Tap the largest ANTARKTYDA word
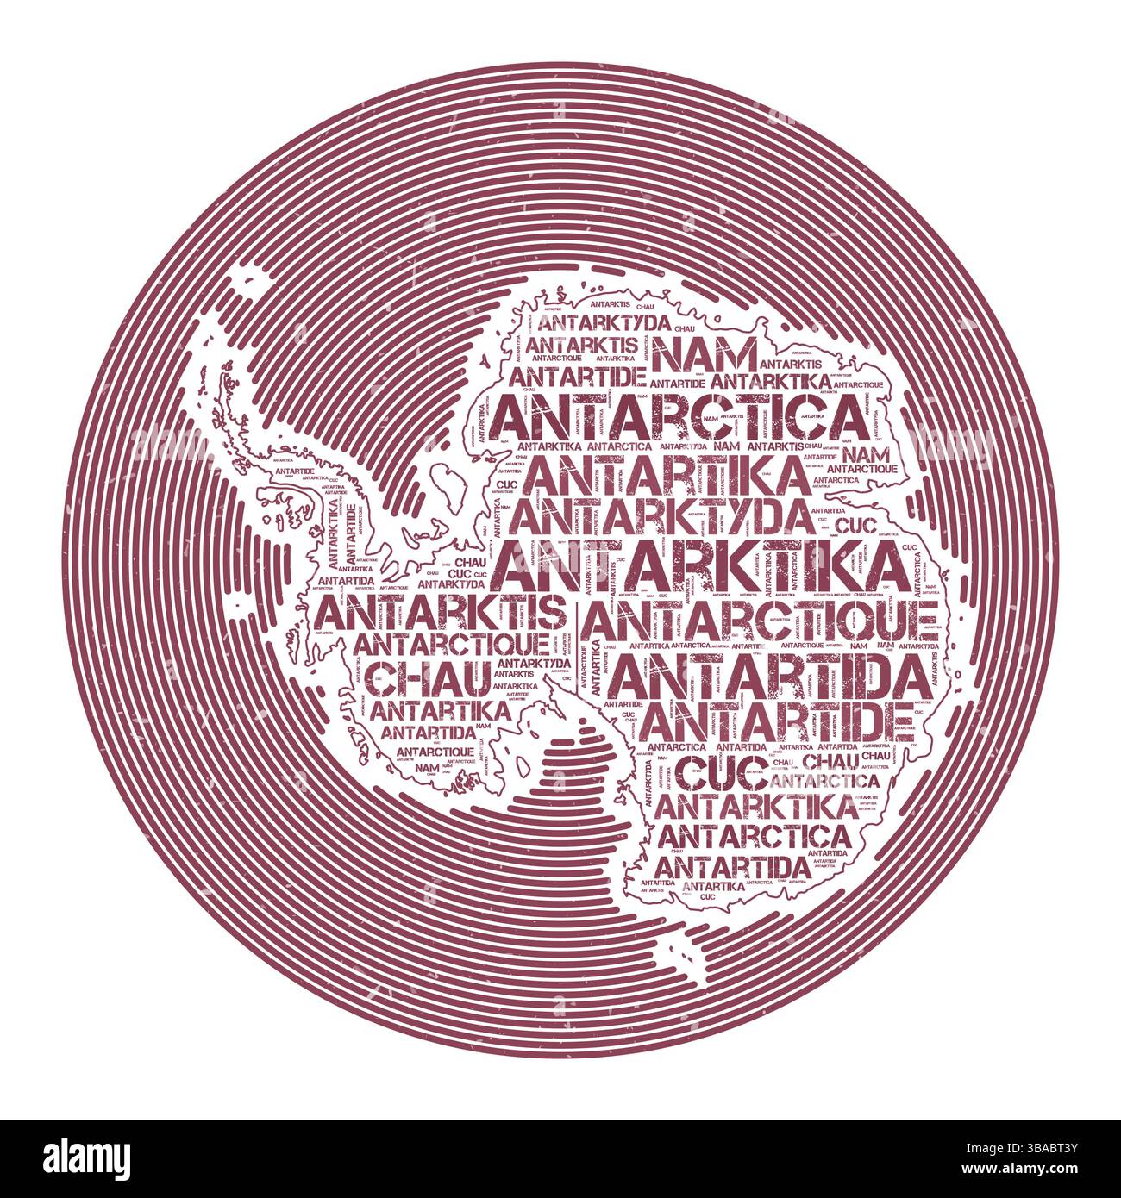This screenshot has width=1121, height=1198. coord(668,515)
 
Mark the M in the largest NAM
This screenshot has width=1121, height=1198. coord(735,353)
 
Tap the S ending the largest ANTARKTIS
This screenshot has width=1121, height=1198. coord(553,614)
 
